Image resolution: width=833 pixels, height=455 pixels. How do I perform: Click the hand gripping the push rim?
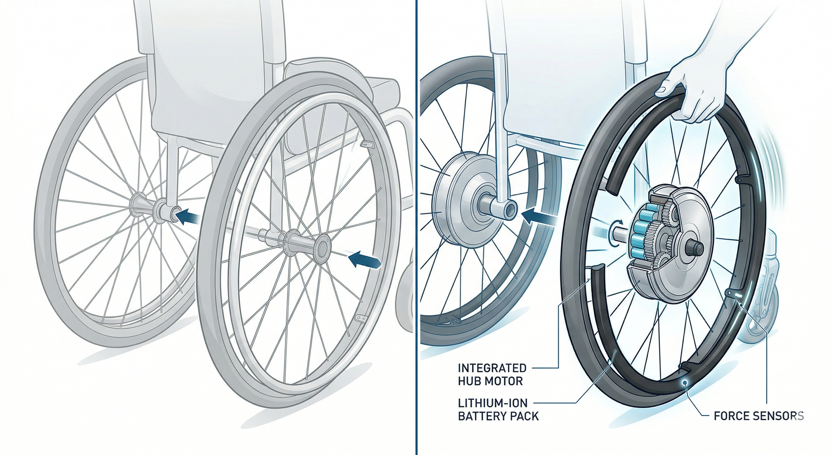pyautogui.click(x=695, y=94)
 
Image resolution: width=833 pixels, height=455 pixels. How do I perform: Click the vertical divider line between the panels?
pyautogui.click(x=417, y=227)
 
